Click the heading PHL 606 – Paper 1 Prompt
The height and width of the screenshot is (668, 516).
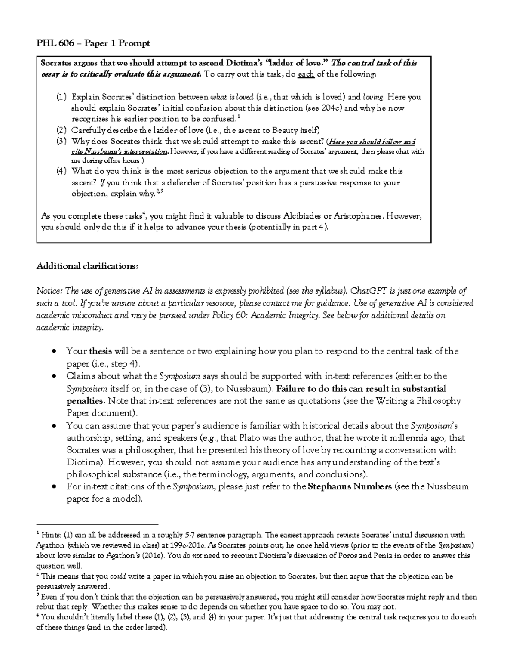(x=93, y=43)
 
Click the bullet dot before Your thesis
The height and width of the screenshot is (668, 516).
(x=54, y=351)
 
